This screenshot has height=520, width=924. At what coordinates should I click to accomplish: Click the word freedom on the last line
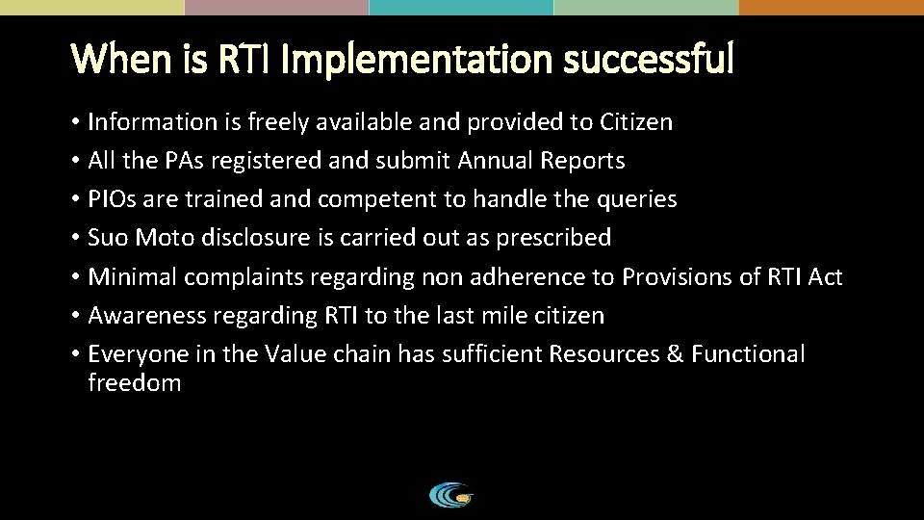click(134, 383)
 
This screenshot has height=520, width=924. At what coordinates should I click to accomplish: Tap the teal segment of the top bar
click(461, 7)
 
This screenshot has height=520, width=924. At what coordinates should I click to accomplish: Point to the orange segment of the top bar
click(831, 7)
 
